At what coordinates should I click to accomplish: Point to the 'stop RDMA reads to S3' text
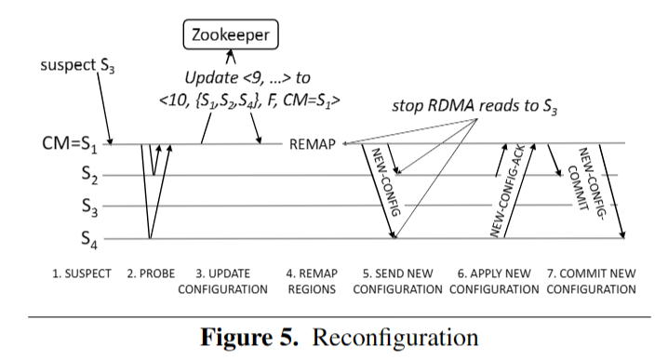point(472,102)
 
